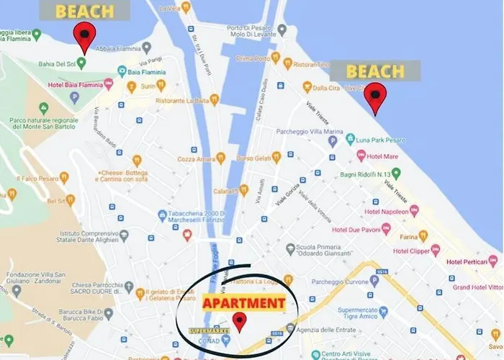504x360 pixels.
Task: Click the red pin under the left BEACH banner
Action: click(85, 35)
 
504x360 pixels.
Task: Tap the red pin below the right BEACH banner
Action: click(374, 96)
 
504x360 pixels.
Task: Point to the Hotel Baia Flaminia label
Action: click(75, 85)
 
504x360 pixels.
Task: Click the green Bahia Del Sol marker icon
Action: click(81, 63)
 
